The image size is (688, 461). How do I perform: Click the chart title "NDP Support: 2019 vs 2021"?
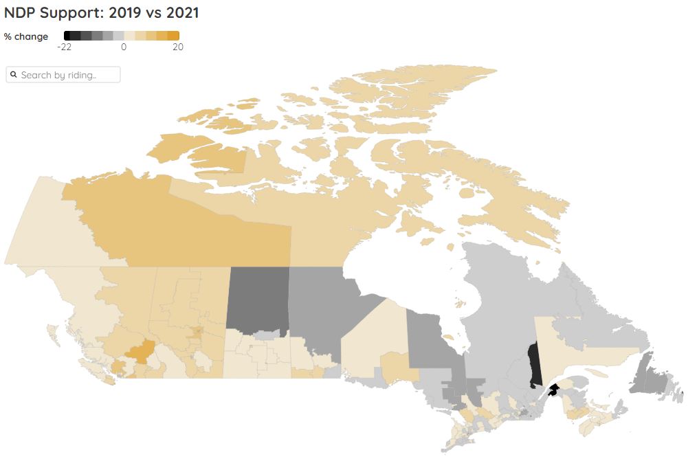[x=102, y=12]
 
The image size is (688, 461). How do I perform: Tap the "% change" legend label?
[x=26, y=36]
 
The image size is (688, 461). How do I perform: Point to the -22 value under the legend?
[x=65, y=47]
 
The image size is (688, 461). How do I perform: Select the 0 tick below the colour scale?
[x=124, y=47]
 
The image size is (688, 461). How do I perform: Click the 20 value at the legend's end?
[x=177, y=47]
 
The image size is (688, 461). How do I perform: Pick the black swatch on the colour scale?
[x=67, y=36]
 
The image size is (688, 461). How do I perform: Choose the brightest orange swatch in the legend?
[x=174, y=36]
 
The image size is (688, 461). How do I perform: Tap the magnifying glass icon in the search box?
[x=14, y=75]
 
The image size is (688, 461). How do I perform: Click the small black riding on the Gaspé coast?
[x=553, y=391]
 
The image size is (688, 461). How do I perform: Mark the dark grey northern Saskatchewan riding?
[x=258, y=299]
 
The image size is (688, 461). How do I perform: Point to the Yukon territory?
[x=41, y=227]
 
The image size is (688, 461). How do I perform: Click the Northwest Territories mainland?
[x=172, y=227]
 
